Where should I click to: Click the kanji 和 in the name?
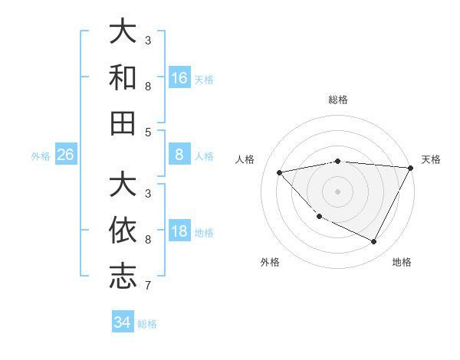[x=123, y=77]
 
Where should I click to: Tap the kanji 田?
[x=123, y=123]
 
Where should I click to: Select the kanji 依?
[x=123, y=230]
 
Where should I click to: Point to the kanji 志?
[x=123, y=277]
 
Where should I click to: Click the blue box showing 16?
[x=179, y=77]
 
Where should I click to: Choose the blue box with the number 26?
[x=65, y=155]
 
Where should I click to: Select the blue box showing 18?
[x=179, y=231]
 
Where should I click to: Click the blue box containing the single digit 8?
[x=179, y=155]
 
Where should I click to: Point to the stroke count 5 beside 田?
[x=148, y=132]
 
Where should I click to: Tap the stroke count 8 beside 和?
[x=148, y=86]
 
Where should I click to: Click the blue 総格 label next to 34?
[x=147, y=323]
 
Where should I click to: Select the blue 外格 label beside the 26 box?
[x=41, y=155]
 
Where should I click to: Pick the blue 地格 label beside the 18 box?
[x=204, y=232]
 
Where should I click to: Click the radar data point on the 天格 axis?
[x=410, y=169]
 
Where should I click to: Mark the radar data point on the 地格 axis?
[x=373, y=242]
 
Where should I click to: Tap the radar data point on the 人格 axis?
[x=279, y=172]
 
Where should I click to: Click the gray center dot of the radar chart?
[x=337, y=191]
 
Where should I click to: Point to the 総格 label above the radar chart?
[x=337, y=100]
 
